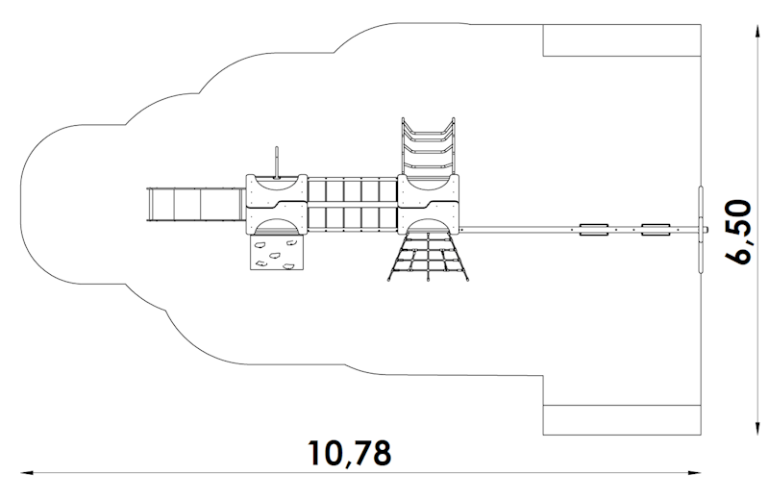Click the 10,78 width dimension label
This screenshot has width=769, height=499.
tap(349, 453)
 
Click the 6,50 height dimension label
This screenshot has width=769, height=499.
tap(737, 232)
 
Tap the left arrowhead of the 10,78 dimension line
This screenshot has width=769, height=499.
tap(27, 473)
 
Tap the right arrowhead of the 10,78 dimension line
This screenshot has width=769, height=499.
tap(694, 473)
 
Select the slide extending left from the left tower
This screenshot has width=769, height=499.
tap(196, 204)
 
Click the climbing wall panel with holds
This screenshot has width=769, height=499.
tap(277, 252)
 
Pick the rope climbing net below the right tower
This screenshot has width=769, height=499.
tap(428, 257)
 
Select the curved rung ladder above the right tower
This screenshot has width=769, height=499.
tap(428, 146)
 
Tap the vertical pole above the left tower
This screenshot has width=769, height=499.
tap(277, 162)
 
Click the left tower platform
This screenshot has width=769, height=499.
tap(277, 204)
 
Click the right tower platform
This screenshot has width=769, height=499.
tap(428, 204)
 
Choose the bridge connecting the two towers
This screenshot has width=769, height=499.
tap(352, 204)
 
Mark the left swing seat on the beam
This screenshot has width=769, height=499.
tap(594, 230)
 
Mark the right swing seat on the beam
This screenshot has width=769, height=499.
tap(656, 230)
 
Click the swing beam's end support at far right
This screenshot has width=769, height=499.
tap(701, 229)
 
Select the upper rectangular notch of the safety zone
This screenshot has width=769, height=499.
tap(622, 40)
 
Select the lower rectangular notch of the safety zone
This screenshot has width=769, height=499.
tap(622, 420)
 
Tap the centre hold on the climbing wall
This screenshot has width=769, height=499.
tap(275, 256)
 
